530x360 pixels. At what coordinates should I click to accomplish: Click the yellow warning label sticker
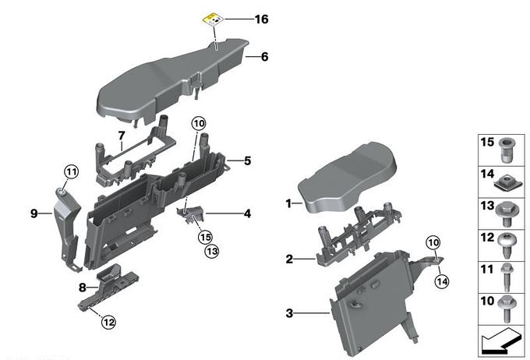point(213,19)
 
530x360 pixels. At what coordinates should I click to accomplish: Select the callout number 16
point(261,19)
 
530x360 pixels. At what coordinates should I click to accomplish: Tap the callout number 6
point(265,56)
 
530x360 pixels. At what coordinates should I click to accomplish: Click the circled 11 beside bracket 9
point(72,171)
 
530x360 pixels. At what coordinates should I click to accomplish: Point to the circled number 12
point(108,322)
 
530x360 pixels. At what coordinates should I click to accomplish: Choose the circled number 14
point(442,281)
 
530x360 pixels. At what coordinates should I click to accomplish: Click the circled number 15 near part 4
point(206,237)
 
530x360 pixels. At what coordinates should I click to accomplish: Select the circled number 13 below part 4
point(212,251)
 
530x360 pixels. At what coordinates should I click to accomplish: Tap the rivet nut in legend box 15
point(506,150)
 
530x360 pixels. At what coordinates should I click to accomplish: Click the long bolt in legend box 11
point(507,277)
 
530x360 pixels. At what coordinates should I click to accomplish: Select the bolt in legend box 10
point(506,309)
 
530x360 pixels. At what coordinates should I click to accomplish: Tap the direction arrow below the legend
point(501,341)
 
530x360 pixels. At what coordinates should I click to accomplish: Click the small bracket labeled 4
point(191,214)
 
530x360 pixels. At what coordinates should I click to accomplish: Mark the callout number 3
point(289,313)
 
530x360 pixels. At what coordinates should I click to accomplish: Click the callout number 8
point(83,288)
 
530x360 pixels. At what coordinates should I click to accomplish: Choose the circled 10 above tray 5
point(199,124)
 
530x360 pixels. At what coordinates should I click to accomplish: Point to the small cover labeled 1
point(347,178)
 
